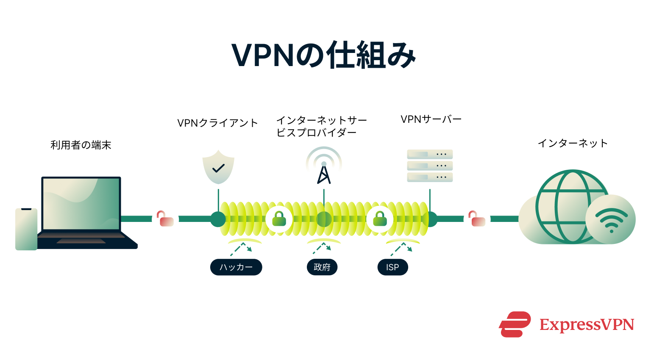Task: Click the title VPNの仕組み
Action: tap(324, 55)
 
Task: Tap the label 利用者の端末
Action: tap(81, 145)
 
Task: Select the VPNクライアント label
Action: tap(217, 123)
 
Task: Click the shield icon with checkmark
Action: tap(218, 167)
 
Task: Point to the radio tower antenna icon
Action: tap(324, 167)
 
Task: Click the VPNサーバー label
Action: tap(431, 119)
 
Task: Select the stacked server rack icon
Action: tap(430, 166)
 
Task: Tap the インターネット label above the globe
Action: tap(573, 144)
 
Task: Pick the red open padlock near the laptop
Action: tap(165, 219)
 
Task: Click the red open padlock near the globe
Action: tap(477, 219)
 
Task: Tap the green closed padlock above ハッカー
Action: tap(279, 219)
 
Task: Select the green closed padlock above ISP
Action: tap(380, 219)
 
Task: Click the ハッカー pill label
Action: tap(236, 267)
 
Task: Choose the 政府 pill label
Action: tap(322, 267)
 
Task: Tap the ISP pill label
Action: tap(392, 267)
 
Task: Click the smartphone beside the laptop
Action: tap(26, 229)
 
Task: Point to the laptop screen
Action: tap(81, 203)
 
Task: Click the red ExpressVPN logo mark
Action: tap(515, 324)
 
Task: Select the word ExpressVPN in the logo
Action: tap(587, 325)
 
